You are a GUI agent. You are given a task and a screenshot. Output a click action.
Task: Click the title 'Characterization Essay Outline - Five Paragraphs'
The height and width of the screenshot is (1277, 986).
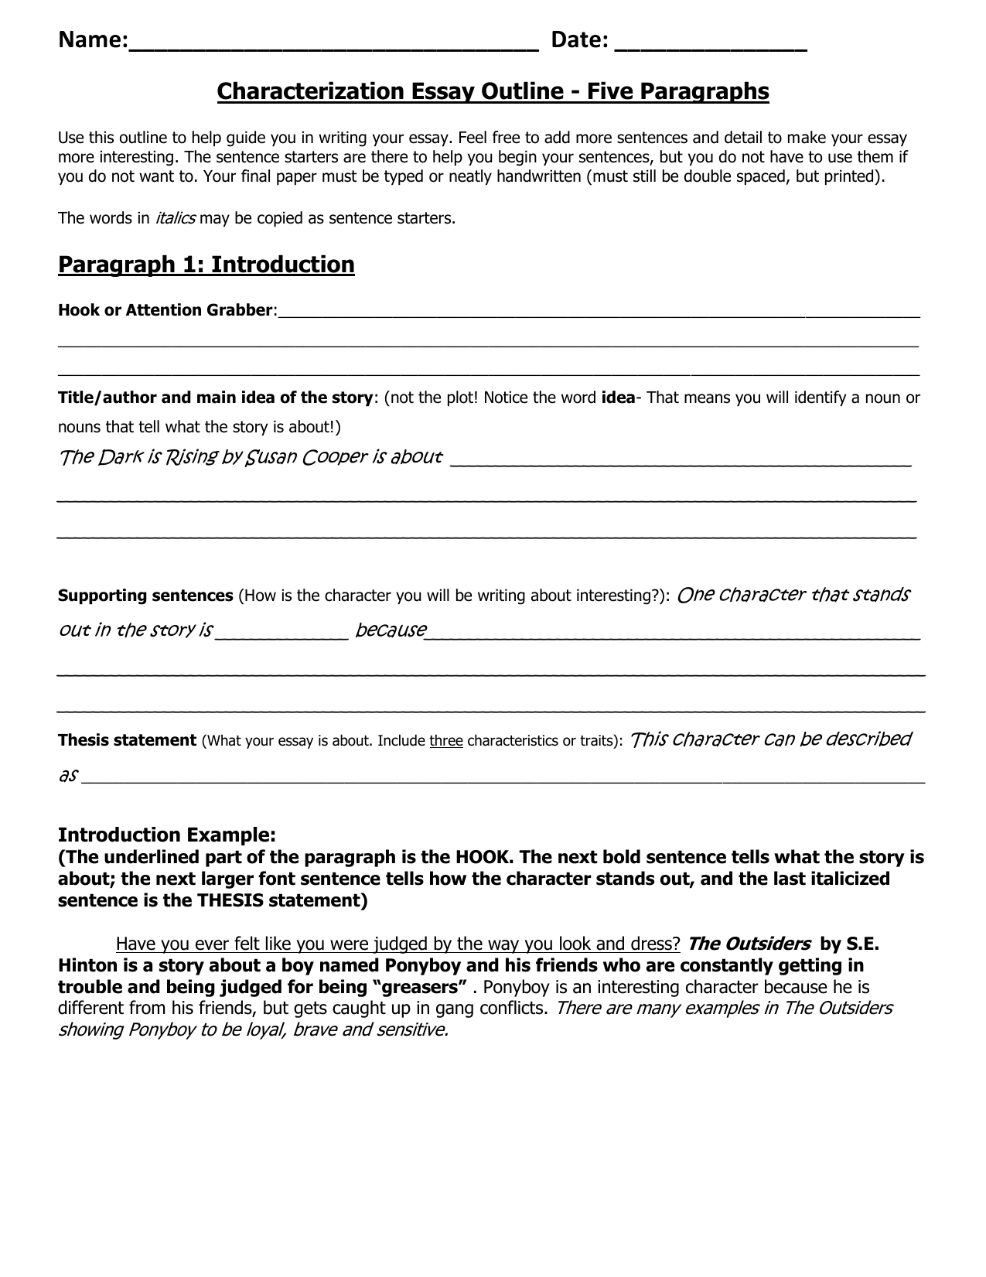coord(493,92)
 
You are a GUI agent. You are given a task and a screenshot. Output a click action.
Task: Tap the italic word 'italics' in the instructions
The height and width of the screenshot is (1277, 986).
coord(175,218)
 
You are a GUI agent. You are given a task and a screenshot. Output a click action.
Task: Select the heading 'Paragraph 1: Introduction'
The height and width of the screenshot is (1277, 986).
coord(206,265)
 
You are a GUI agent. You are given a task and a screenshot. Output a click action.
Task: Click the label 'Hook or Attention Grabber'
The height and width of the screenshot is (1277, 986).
coord(165,310)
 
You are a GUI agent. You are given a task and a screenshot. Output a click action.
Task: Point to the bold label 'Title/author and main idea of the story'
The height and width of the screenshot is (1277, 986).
coord(215,398)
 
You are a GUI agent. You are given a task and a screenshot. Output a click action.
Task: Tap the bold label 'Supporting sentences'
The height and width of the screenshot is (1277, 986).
coord(145,596)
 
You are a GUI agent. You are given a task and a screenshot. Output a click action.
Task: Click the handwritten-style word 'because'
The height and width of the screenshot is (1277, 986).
coord(391,630)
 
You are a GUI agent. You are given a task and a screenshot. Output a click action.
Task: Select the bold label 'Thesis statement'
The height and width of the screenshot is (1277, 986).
coord(127,740)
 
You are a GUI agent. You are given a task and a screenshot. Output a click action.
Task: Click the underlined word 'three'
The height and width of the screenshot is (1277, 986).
coord(446,741)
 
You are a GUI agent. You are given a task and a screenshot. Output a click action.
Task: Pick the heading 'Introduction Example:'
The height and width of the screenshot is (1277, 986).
coord(166,835)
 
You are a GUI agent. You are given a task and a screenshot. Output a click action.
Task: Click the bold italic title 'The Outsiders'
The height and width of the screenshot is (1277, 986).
coord(749,944)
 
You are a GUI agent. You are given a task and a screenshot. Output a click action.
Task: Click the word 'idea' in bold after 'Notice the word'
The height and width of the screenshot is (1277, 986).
coord(617,398)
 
